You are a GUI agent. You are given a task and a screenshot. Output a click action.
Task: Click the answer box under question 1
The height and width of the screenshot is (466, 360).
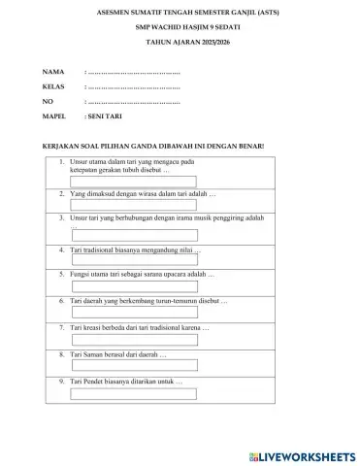[x=134, y=180]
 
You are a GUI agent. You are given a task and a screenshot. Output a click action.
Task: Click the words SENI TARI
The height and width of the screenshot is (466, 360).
[x=106, y=115]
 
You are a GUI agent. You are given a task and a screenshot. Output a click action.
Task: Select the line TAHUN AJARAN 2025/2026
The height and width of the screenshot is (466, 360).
[x=179, y=45]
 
